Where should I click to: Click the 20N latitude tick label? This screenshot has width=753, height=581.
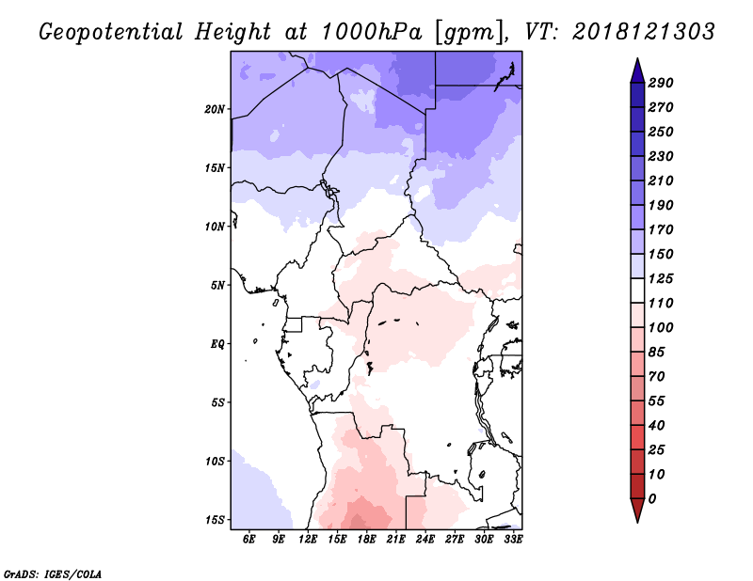[x=215, y=109]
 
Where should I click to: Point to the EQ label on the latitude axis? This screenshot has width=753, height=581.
[x=217, y=344]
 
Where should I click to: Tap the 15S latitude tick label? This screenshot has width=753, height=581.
[x=215, y=520]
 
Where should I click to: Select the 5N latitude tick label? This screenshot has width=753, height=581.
[x=217, y=286]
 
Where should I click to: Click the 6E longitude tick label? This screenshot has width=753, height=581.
[x=248, y=539]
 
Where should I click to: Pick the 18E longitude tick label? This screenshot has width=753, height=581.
[x=366, y=539]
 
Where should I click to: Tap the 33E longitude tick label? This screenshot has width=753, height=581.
[x=513, y=539]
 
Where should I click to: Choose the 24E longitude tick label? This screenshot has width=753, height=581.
[x=425, y=539]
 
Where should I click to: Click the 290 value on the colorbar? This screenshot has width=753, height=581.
[x=661, y=83]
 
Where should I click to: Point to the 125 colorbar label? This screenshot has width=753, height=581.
[x=661, y=278]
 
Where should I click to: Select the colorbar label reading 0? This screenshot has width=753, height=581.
[x=652, y=499]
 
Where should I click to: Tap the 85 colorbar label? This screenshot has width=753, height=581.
[x=656, y=353]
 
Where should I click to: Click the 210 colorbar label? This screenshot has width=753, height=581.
[x=661, y=181]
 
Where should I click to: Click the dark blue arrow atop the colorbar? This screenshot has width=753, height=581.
[x=637, y=71]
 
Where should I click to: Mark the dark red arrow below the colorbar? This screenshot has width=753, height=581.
[x=637, y=510]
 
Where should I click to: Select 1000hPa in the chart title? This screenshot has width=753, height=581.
[x=371, y=32]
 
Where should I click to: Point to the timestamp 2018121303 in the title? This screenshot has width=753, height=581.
[x=644, y=31]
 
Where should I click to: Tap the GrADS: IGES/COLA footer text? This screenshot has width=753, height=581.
[x=53, y=574]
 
